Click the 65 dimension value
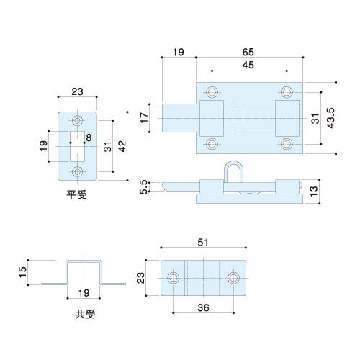(x=248, y=52)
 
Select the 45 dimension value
(x=248, y=66)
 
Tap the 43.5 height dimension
(x=330, y=118)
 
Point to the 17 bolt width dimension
(x=145, y=117)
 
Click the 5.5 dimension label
(x=143, y=187)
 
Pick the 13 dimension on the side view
(x=314, y=192)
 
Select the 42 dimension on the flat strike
(x=122, y=146)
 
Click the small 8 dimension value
(x=89, y=138)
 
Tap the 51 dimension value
(x=203, y=243)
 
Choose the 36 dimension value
(x=203, y=307)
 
